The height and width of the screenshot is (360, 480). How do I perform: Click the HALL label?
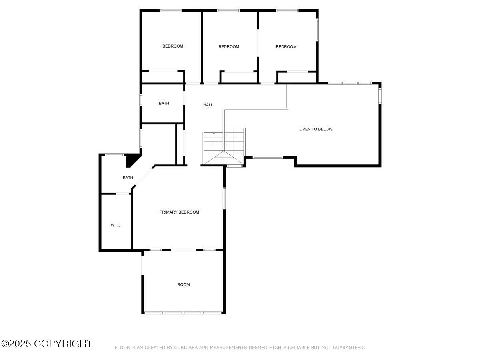click(208, 105)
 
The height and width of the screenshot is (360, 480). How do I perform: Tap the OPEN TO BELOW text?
click(316, 129)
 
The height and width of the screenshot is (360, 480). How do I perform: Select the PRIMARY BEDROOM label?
click(179, 212)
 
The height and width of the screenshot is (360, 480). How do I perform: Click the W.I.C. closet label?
click(116, 226)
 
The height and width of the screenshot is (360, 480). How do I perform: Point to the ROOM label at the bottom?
click(184, 285)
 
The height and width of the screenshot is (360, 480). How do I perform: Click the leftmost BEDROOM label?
click(173, 46)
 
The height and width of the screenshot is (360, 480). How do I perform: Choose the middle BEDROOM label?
click(229, 47)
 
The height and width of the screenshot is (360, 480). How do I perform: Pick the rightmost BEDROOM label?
click(286, 47)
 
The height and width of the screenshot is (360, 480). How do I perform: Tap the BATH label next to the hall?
click(164, 104)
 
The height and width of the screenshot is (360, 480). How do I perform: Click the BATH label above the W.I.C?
click(128, 178)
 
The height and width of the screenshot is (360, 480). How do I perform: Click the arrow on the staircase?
click(214, 134)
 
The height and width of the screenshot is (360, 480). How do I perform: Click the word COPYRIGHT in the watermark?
click(62, 344)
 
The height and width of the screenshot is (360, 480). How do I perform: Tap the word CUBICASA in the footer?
click(185, 348)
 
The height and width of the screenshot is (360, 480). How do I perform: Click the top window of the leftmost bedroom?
click(171, 10)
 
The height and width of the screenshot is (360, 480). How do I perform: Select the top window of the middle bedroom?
click(228, 10)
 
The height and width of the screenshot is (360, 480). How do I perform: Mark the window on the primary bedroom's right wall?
click(224, 198)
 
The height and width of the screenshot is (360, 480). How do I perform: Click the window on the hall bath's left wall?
click(141, 100)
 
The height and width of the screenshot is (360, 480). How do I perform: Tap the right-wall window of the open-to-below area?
click(380, 96)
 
